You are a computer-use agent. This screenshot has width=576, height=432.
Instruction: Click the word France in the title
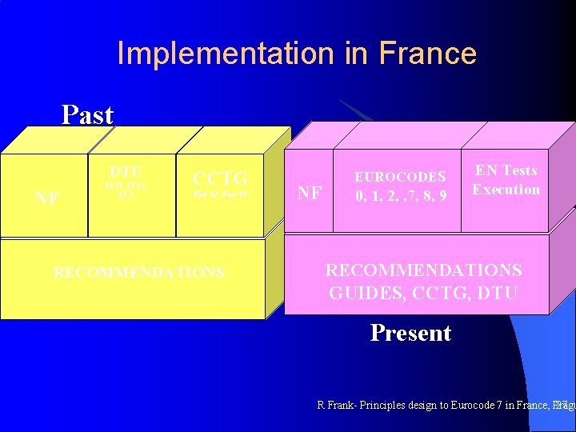[x=428, y=54]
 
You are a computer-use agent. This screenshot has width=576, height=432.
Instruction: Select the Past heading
[x=88, y=115]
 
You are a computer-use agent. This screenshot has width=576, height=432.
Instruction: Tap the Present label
[x=410, y=333]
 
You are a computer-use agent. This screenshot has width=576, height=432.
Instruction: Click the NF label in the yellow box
[x=47, y=198]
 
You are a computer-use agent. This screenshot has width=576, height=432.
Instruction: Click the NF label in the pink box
[x=310, y=193]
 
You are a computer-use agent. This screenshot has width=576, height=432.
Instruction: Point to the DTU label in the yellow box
[x=126, y=172]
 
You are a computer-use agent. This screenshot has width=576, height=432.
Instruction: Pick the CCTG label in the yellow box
[x=221, y=177]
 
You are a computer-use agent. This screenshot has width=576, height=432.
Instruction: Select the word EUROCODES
[x=400, y=177]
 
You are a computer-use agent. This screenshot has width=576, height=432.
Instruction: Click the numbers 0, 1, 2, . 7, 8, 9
[x=400, y=194]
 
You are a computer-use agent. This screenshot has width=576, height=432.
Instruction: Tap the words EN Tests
[x=506, y=170]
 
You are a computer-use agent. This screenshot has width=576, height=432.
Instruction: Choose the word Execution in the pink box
[x=506, y=190]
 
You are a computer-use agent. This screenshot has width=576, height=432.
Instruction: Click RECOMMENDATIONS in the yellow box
[x=138, y=273]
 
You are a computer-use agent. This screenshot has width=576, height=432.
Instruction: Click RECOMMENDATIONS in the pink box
[x=423, y=270]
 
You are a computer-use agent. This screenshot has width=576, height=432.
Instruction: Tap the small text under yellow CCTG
[x=222, y=194]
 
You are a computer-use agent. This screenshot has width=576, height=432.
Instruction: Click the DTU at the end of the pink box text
[x=496, y=293]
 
